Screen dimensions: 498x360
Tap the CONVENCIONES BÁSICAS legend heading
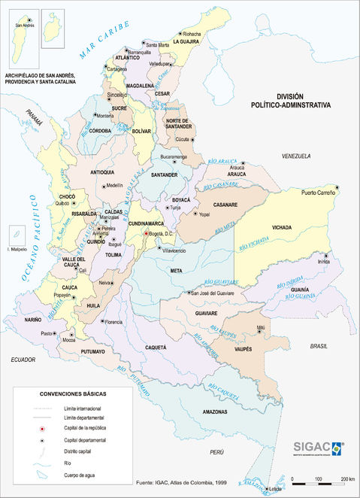coord(73,394)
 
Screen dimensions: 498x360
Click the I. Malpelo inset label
coord(17,248)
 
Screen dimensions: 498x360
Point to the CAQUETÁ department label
coord(155,348)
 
